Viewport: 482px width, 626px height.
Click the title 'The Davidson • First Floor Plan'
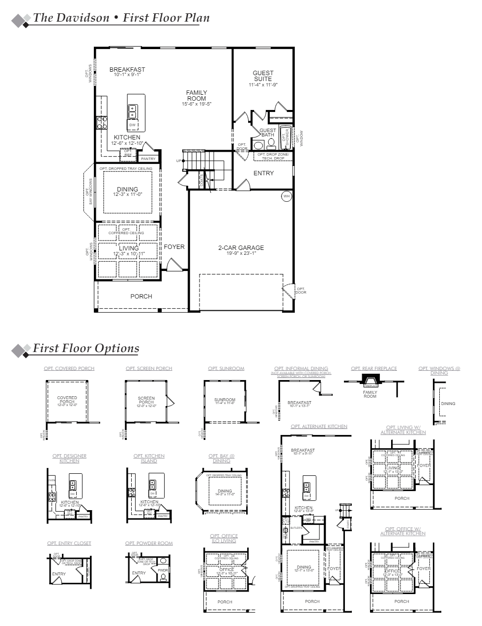[x=121, y=18]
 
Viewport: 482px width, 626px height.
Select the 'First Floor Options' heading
[x=85, y=348]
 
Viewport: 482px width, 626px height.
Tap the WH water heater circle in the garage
[x=286, y=196]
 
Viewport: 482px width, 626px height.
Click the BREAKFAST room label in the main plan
[x=127, y=69]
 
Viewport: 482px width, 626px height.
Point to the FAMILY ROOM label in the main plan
[x=196, y=96]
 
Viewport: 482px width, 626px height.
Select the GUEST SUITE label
[x=263, y=76]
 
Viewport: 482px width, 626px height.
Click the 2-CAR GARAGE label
[x=241, y=248]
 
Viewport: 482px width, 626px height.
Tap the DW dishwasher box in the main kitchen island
[x=132, y=125]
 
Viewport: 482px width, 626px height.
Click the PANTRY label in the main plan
[x=148, y=159]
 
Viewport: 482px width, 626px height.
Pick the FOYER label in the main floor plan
[x=174, y=247]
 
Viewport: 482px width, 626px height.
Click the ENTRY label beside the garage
[x=263, y=173]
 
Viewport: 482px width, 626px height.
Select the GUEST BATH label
[x=268, y=132]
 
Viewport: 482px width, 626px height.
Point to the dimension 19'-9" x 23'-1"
[x=241, y=254]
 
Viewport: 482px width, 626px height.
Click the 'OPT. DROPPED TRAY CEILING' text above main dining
[x=126, y=168]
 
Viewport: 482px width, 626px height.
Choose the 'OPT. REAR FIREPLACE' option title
[x=373, y=368]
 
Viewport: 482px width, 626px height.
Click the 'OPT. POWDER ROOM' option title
[x=148, y=543]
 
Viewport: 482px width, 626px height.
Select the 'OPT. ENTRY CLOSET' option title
[x=69, y=543]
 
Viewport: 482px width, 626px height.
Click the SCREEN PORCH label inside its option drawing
[x=146, y=400]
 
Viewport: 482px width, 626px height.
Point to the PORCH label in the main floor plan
[x=141, y=296]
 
